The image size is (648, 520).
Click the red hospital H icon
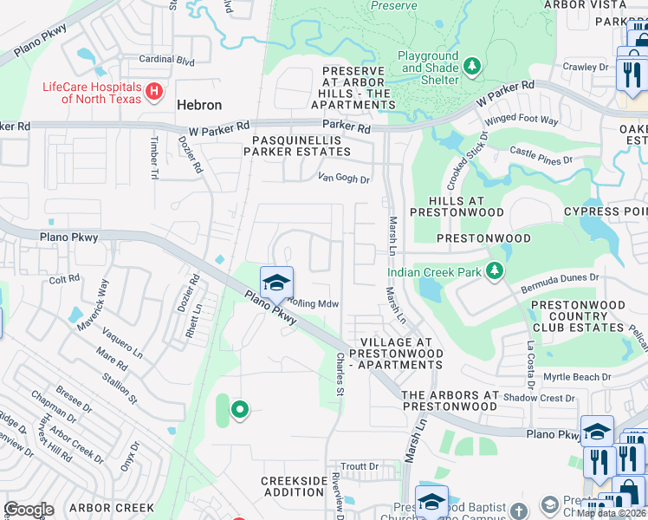(154, 91)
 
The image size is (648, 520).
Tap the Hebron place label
(199, 105)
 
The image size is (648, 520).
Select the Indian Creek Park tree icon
(494, 272)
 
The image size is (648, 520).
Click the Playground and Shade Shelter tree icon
(471, 66)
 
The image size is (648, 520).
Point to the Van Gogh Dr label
(344, 179)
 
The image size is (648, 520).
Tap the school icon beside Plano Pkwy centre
(276, 283)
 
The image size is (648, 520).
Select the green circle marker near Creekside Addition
(239, 409)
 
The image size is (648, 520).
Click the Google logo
(29, 509)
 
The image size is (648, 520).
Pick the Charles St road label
(340, 374)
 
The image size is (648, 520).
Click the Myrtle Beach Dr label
(577, 377)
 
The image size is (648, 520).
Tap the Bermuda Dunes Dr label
(560, 277)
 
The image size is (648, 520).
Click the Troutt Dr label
(360, 466)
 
